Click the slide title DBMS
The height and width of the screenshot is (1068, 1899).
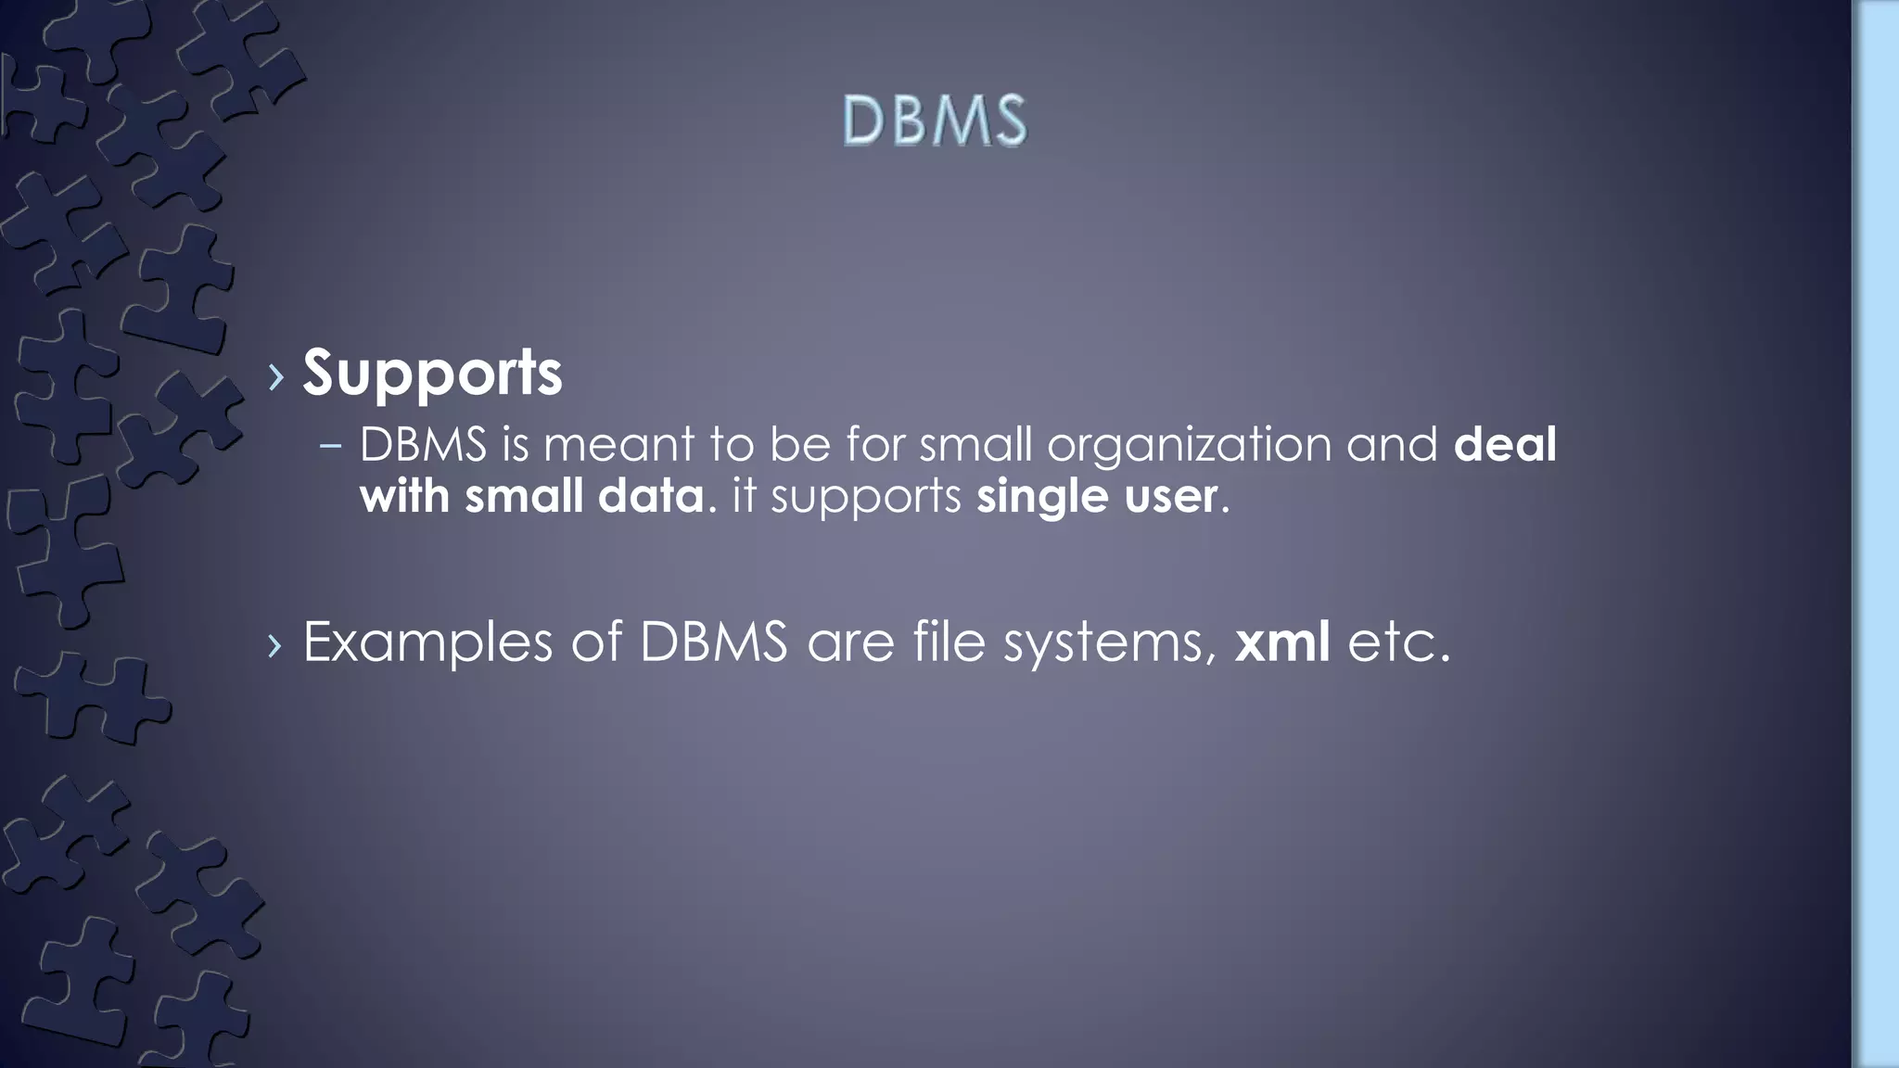935,121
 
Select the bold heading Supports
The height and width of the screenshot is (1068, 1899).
432,373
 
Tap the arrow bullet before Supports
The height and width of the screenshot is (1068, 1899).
275,375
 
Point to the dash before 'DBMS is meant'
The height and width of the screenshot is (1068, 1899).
330,446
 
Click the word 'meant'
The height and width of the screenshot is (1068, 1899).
618,444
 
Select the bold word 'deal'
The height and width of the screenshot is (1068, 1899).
1504,444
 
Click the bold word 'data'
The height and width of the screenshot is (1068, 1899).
651,496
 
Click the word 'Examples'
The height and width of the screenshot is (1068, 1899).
427,642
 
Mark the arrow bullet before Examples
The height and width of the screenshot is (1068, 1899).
274,644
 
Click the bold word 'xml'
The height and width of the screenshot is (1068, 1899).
1282,641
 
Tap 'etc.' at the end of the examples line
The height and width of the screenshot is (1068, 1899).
1398,642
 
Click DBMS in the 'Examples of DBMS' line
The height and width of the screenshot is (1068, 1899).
713,641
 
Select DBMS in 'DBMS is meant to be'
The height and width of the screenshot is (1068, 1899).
423,444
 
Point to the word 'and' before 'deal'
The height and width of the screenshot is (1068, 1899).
1392,444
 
